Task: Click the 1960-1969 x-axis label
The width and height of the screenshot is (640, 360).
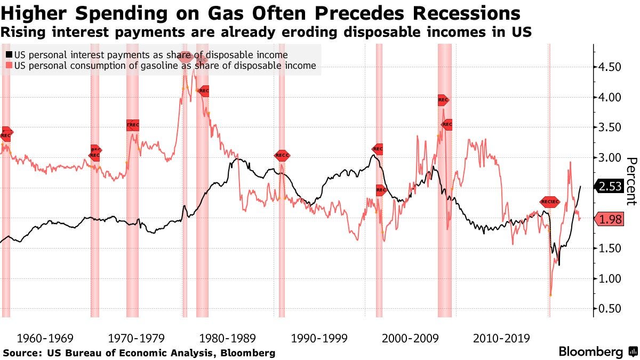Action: (45, 338)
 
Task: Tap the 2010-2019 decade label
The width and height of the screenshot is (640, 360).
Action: (501, 338)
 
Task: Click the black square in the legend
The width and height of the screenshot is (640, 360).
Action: (9, 55)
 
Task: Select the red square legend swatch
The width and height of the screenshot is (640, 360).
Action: (9, 66)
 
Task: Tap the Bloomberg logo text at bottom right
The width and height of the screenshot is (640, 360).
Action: (590, 352)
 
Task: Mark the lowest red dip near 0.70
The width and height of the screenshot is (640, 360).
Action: (550, 295)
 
